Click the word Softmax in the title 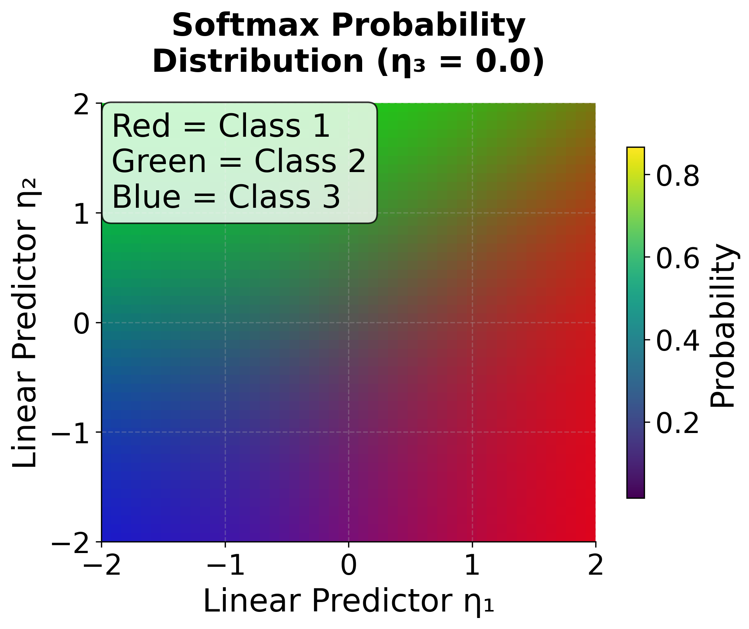click(245, 26)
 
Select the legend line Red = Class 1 click(221, 126)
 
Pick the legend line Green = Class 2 click(239, 161)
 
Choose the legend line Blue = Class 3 click(226, 197)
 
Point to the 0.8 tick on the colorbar click(677, 176)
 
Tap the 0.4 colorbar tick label click(677, 340)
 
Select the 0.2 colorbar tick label click(677, 422)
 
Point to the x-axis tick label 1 click(472, 565)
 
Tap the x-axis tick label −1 click(225, 565)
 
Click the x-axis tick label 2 click(595, 565)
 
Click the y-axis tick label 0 click(81, 324)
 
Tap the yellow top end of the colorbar click(635, 152)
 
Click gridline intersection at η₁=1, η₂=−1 click(472, 432)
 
